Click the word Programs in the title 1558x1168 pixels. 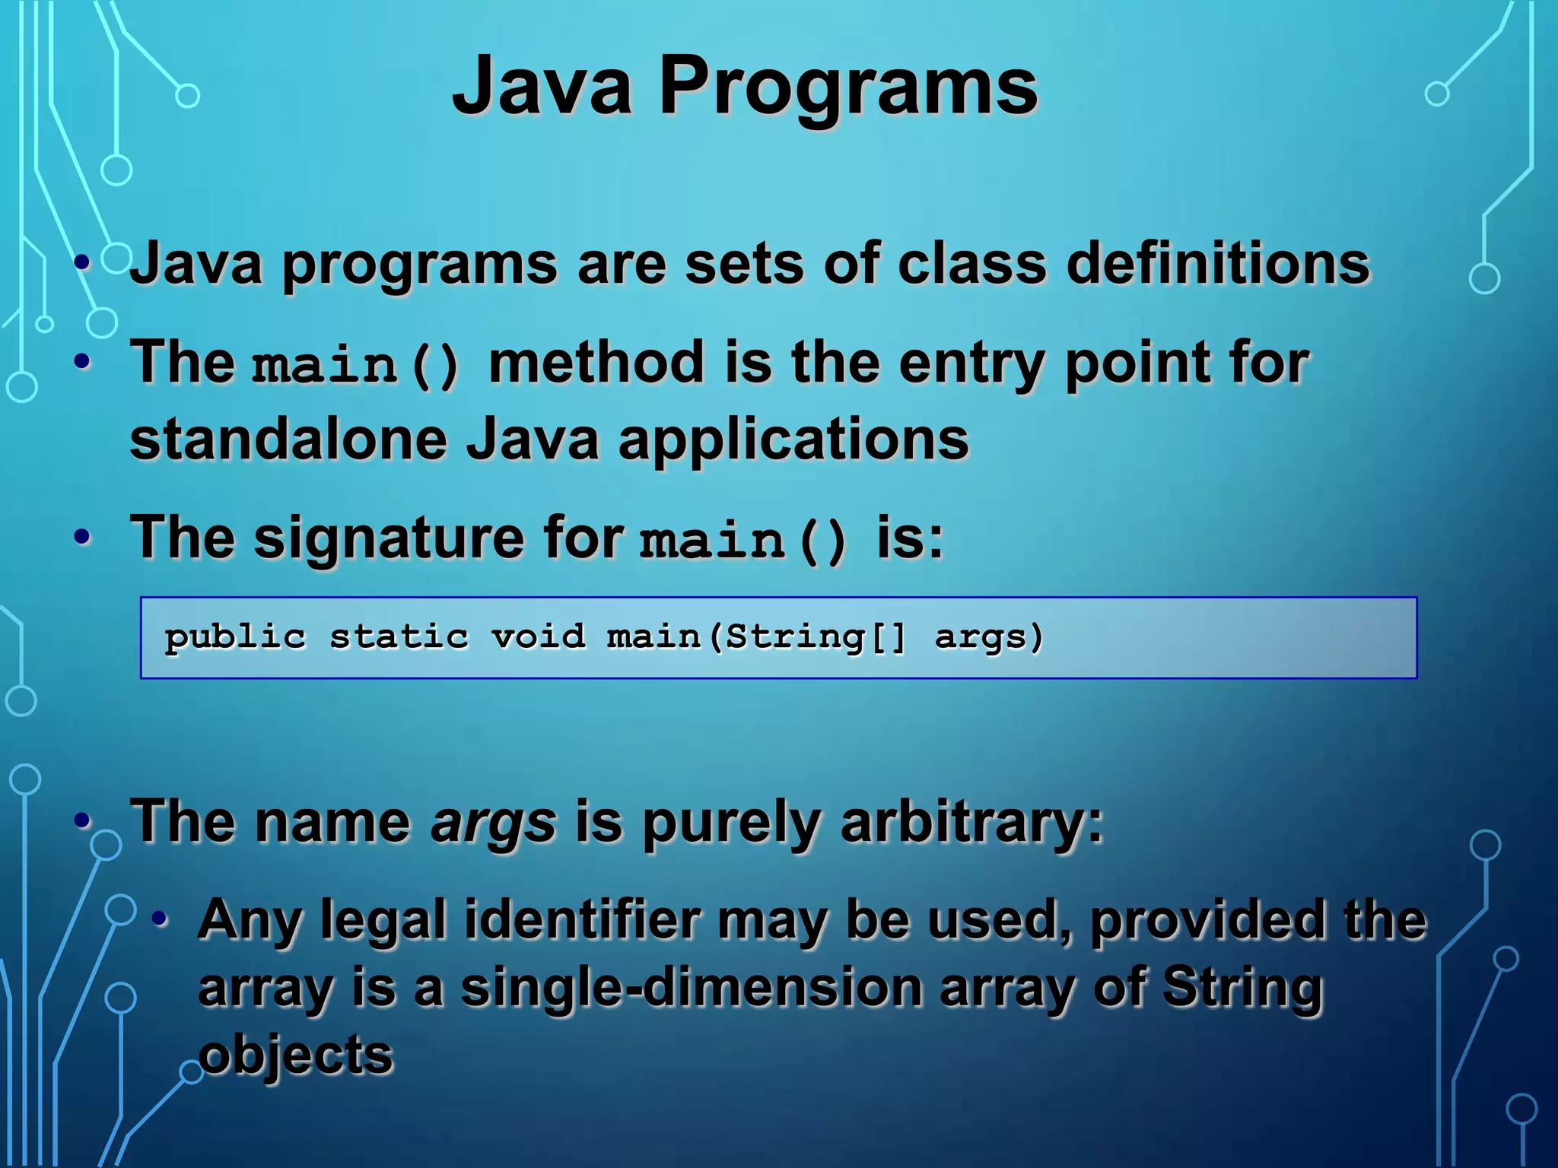(x=847, y=88)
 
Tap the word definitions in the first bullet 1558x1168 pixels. (x=1217, y=264)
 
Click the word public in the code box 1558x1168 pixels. (x=235, y=637)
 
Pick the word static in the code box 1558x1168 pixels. (x=399, y=637)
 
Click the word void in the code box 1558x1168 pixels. (x=539, y=637)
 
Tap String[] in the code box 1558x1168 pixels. (x=815, y=637)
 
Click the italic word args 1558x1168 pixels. (x=493, y=824)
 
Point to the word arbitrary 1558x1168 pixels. (x=970, y=824)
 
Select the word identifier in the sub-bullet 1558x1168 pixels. (x=582, y=920)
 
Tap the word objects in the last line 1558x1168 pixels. (x=295, y=1055)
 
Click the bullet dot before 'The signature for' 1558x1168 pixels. (x=83, y=538)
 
